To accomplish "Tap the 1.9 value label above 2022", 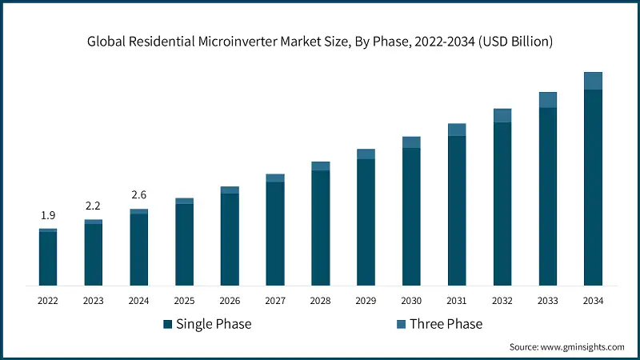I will click(48, 215).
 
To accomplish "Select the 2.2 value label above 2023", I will click(94, 206).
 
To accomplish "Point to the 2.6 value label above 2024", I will click(138, 195).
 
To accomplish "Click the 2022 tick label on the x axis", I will click(48, 301).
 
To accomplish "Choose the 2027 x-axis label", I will click(275, 301).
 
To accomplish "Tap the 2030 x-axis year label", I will click(411, 301).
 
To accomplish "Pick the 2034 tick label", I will click(593, 301).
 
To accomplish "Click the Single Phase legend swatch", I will click(168, 324).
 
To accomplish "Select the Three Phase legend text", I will click(446, 324).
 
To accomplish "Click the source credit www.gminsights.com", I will click(566, 347).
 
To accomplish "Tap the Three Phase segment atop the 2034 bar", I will click(593, 81).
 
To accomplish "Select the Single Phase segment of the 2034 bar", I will click(593, 187).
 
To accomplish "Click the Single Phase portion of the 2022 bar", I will click(48, 258).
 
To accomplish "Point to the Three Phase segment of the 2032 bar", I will click(502, 115).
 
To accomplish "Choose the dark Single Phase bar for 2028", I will click(320, 228).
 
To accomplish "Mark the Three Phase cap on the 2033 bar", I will click(547, 99).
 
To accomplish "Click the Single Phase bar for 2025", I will click(184, 244).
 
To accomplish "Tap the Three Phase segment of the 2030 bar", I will click(411, 142).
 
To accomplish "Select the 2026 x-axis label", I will click(230, 301).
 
